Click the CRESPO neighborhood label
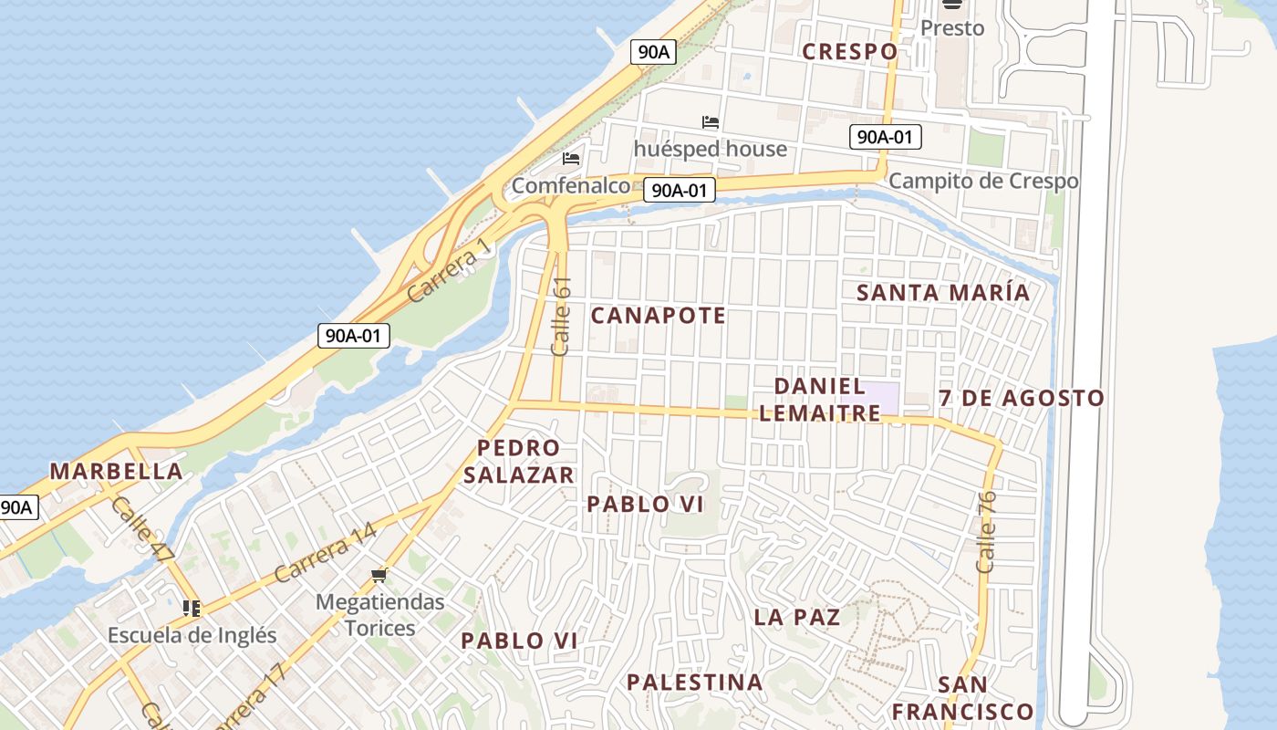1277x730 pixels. [x=849, y=52]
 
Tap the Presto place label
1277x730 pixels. [x=952, y=28]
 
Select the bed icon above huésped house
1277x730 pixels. [x=711, y=122]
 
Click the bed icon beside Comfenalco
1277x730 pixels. [x=571, y=159]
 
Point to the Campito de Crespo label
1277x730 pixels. [x=982, y=181]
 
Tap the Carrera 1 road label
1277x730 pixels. [x=449, y=271]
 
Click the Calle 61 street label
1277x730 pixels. [x=561, y=316]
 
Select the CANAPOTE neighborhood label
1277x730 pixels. [x=658, y=316]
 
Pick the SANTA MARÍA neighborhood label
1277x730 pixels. [x=943, y=293]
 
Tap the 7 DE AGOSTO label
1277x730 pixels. [x=1021, y=399]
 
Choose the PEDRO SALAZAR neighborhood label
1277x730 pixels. [x=518, y=462]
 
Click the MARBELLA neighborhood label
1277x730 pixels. [x=116, y=472]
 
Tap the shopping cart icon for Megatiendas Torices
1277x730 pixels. [x=379, y=575]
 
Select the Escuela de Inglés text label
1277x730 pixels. [x=192, y=635]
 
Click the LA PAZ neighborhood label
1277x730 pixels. [x=796, y=617]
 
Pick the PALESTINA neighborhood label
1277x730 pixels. [x=694, y=682]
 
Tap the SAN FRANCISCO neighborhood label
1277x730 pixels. [x=962, y=698]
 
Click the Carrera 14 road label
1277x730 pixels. [x=325, y=553]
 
